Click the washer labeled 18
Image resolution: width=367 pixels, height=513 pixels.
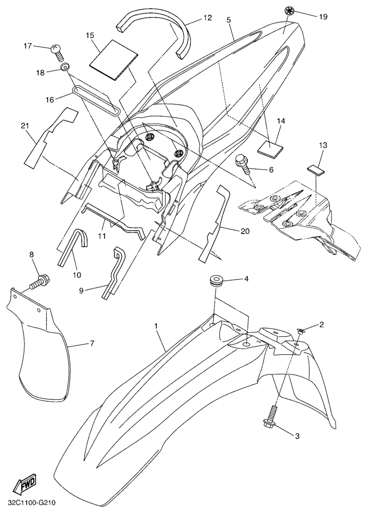(x=64, y=67)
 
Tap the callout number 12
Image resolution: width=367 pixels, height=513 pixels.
(x=207, y=17)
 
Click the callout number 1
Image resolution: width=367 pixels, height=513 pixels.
(x=156, y=326)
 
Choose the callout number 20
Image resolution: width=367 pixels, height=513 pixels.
(x=245, y=231)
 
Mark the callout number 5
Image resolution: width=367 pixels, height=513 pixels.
(x=228, y=19)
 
